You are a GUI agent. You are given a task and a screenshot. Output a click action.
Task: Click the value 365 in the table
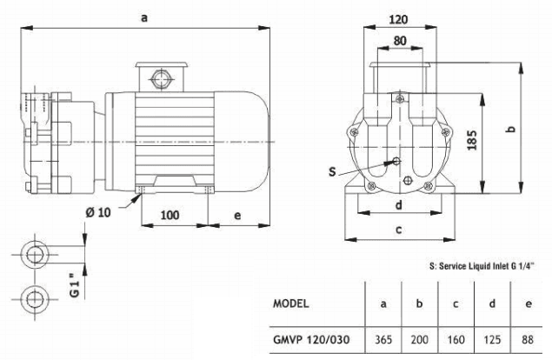(x=383, y=341)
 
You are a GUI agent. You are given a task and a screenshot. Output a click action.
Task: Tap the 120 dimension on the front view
(x=397, y=18)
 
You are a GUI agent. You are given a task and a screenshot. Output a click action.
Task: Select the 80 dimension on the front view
(x=397, y=39)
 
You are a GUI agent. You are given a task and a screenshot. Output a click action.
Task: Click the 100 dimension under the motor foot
(x=171, y=214)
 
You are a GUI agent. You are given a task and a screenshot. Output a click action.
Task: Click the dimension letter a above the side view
(x=143, y=16)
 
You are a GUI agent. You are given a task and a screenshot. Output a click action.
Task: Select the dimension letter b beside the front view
(x=512, y=128)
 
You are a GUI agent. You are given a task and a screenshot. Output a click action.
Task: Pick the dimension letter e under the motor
(x=236, y=214)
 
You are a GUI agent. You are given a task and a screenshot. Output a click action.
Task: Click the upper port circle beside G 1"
(x=37, y=255)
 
